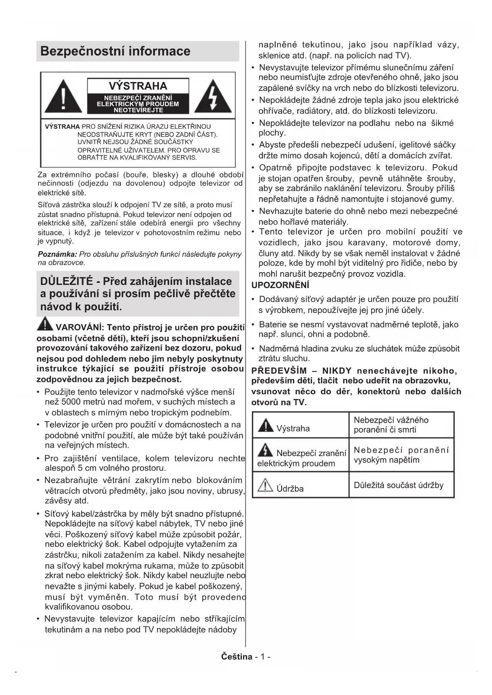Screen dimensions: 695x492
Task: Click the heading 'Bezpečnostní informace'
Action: click(x=115, y=51)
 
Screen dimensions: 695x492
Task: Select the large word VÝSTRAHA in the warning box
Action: click(x=138, y=86)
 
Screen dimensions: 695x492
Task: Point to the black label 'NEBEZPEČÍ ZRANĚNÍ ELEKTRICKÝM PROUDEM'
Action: click(x=138, y=104)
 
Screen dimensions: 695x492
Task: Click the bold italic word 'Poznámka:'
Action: click(x=57, y=254)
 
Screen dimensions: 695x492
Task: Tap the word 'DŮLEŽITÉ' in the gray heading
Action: click(x=67, y=281)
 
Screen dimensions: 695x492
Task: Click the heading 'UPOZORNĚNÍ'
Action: click(x=280, y=285)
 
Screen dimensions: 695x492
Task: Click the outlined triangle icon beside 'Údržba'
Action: click(x=265, y=485)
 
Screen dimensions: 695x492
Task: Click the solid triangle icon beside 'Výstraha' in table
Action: click(x=265, y=426)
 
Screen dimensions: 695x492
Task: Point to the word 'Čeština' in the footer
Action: click(x=237, y=657)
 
